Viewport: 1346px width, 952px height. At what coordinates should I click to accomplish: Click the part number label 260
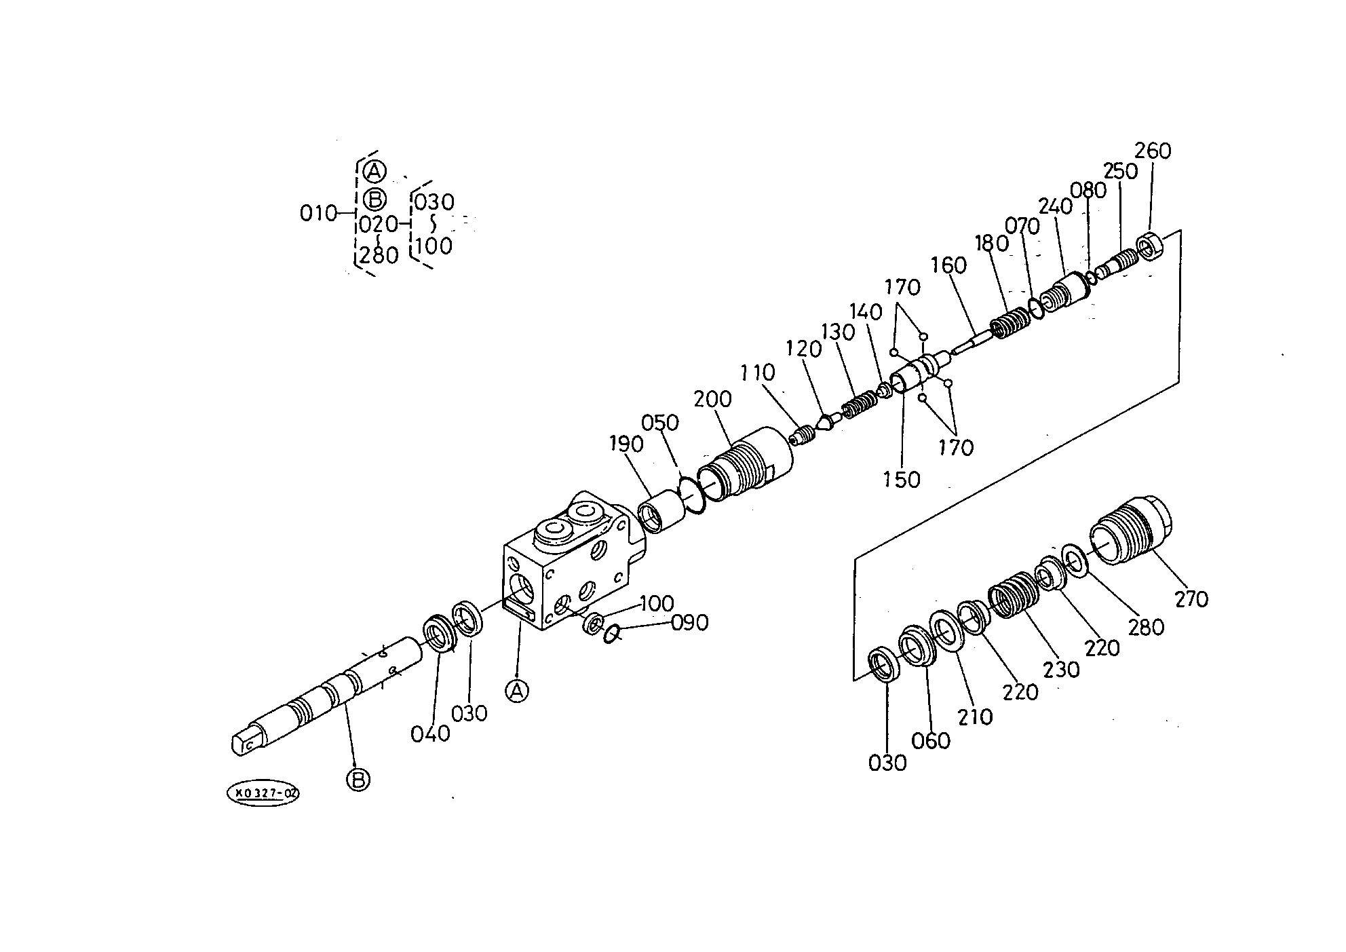pyautogui.click(x=1153, y=150)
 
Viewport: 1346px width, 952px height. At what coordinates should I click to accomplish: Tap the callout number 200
pyautogui.click(x=712, y=399)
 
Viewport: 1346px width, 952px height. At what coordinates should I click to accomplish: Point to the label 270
pyautogui.click(x=1191, y=598)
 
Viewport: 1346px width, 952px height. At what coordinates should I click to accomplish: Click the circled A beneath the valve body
pyautogui.click(x=517, y=691)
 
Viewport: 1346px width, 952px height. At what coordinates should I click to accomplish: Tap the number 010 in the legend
pyautogui.click(x=318, y=214)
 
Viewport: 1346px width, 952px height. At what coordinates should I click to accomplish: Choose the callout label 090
pyautogui.click(x=690, y=622)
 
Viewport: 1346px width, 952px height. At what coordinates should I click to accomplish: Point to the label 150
pyautogui.click(x=902, y=479)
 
